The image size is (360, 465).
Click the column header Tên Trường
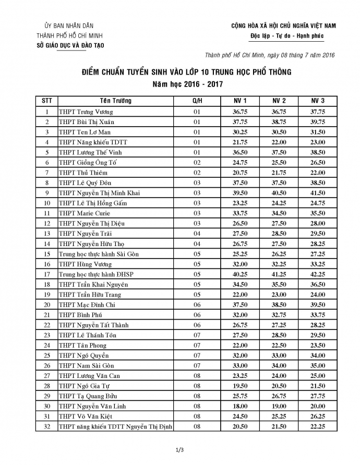coord(116,101)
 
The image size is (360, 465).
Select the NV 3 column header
coord(318,101)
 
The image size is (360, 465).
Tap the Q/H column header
coord(197,101)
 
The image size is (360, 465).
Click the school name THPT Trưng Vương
coord(86,112)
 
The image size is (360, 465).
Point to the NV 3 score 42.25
coord(318,274)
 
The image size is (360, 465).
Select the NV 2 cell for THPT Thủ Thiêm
coord(280,173)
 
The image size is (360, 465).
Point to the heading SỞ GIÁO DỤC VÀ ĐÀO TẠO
coord(69,45)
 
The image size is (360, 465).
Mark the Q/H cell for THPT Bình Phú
coord(197,315)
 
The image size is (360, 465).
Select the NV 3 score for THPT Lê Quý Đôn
coord(318,183)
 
